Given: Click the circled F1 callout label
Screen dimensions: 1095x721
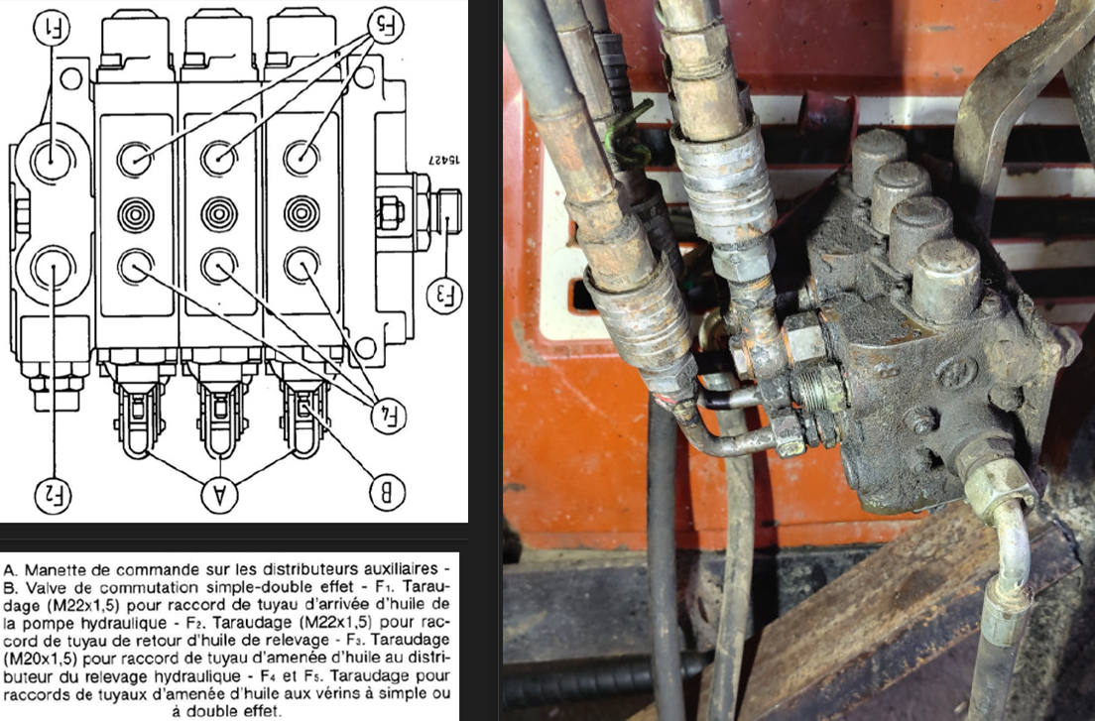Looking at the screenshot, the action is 51,29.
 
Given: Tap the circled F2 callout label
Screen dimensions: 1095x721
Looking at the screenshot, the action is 53,495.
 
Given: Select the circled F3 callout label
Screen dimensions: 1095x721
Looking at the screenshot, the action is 444,296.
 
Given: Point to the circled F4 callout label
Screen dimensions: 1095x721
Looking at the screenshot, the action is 388,416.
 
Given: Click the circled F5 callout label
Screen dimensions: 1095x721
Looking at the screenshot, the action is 385,27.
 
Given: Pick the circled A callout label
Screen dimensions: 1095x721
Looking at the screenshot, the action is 219,495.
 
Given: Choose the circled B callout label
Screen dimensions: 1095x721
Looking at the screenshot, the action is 386,491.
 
